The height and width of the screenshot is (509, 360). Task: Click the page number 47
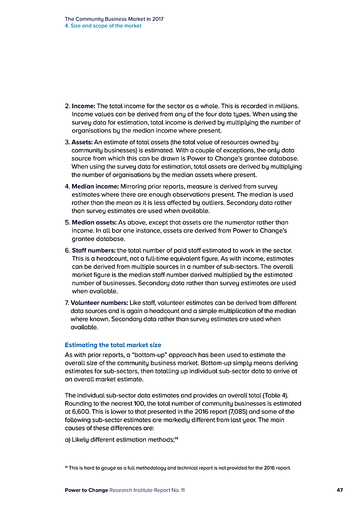click(340, 490)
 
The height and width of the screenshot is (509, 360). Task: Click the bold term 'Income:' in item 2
click(84, 106)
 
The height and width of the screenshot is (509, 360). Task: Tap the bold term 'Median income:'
click(95, 186)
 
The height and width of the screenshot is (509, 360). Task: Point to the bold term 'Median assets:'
click(94, 222)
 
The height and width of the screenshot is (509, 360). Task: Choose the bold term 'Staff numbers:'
click(94, 250)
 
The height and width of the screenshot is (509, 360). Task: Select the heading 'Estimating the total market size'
click(113, 345)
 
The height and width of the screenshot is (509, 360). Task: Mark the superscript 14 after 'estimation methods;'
click(176, 438)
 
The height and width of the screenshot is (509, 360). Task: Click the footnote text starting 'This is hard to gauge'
click(180, 468)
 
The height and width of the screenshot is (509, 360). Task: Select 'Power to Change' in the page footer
click(86, 490)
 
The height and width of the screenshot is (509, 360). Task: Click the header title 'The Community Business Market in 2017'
click(114, 19)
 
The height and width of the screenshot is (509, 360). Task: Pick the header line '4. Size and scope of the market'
click(103, 26)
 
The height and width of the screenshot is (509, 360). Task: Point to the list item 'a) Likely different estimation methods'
click(119, 440)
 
